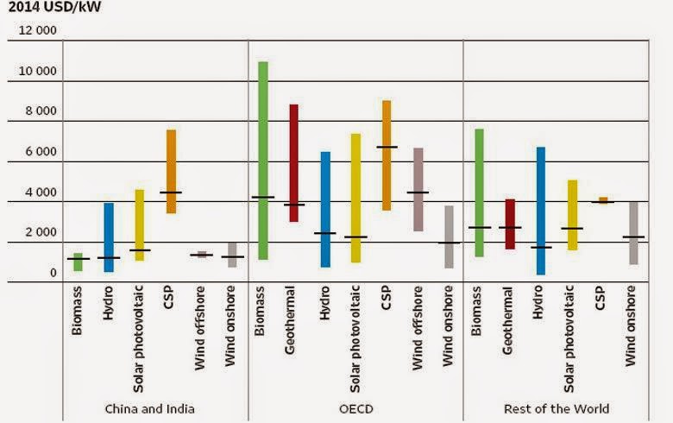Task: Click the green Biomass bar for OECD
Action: pos(263,160)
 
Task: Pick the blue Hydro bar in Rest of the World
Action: pos(541,211)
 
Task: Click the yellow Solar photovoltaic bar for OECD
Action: pos(355,198)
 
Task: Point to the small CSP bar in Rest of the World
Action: pos(603,199)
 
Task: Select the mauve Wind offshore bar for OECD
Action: pos(418,189)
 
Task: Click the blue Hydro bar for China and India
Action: pos(109,237)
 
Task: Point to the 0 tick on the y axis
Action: pos(53,273)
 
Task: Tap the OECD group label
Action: pos(355,408)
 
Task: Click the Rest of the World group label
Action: pos(557,408)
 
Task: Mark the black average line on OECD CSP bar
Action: pos(387,147)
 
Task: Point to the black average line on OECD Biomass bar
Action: pos(263,197)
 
